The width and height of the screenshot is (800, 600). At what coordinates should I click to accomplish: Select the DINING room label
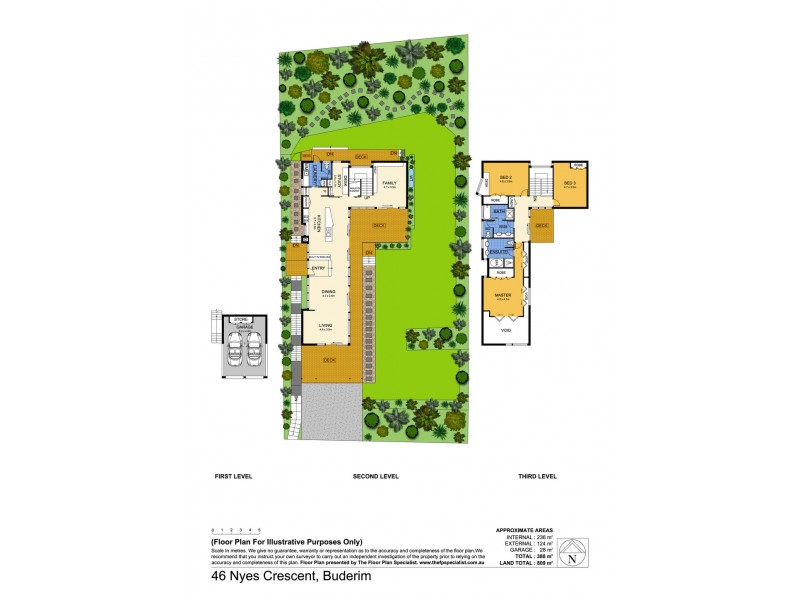pos(328,292)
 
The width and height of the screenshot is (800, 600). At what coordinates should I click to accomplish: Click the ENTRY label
pos(319,268)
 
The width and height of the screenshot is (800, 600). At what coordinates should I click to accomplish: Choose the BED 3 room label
pos(568,183)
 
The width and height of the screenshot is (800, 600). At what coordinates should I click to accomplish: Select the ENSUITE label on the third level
pos(499,251)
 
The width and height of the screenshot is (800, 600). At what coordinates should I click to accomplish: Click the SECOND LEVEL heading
pos(376,477)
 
